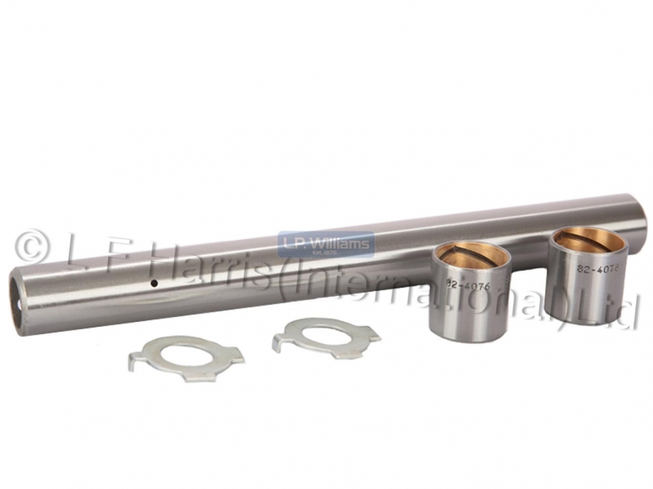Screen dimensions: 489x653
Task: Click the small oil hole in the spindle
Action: [x=154, y=284]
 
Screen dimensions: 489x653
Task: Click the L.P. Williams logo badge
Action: [x=326, y=244]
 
